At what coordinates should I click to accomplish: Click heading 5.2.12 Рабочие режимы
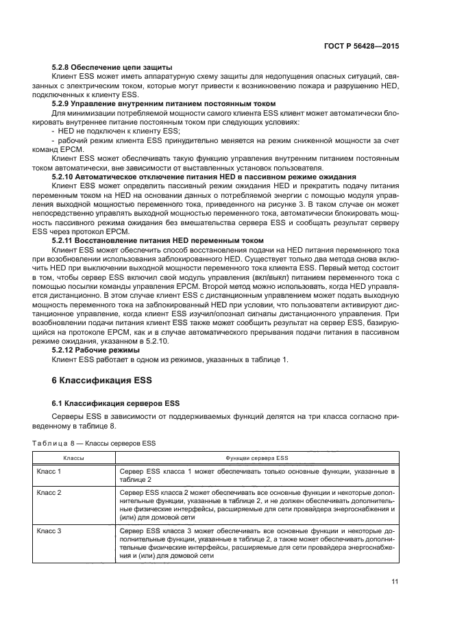95,350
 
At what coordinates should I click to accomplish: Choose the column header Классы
74,457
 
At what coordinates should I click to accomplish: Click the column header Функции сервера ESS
256,457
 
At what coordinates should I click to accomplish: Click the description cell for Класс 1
256,476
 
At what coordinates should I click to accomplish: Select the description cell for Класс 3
256,543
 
